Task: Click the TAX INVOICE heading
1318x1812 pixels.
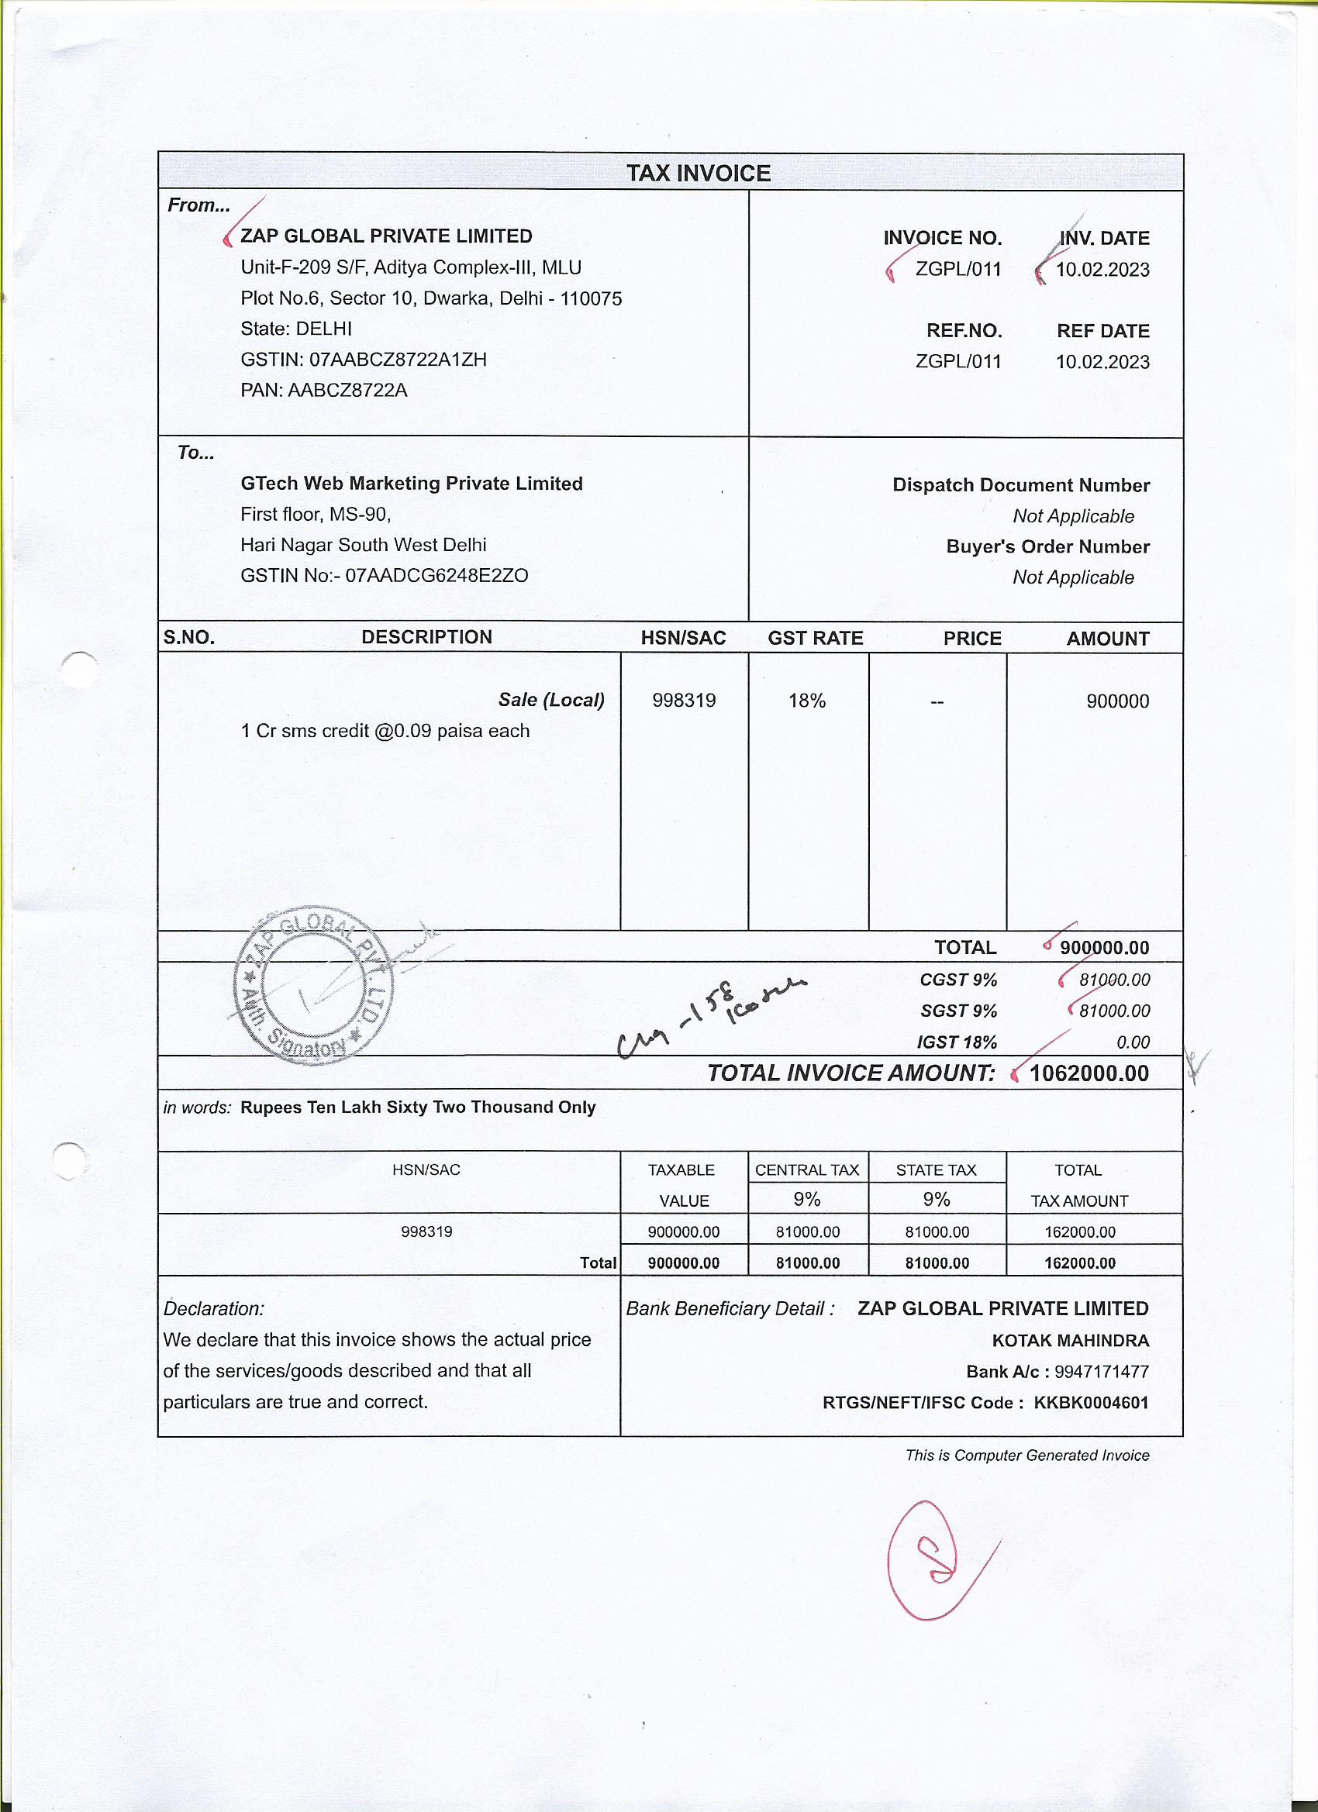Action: [698, 174]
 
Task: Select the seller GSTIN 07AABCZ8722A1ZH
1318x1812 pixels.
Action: [397, 360]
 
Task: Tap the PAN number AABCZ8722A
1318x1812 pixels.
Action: [347, 391]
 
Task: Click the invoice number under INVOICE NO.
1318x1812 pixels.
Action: [957, 269]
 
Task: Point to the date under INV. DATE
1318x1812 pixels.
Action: [1102, 270]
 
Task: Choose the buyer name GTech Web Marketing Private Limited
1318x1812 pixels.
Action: [412, 484]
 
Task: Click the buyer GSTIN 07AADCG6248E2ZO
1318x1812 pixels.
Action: [436, 576]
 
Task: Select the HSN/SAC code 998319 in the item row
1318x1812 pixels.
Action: [683, 701]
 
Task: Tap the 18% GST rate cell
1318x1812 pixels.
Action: [806, 701]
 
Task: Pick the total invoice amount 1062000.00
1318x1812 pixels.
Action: [1089, 1073]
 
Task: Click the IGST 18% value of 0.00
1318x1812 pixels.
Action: [1133, 1042]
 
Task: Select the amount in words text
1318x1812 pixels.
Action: [418, 1108]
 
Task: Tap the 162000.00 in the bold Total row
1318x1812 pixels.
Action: [1080, 1263]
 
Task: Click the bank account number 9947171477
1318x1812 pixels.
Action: [1101, 1372]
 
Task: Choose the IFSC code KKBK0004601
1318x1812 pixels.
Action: [1091, 1403]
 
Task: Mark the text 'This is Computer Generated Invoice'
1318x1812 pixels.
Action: [1026, 1455]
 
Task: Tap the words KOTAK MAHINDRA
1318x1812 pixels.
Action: [1070, 1341]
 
